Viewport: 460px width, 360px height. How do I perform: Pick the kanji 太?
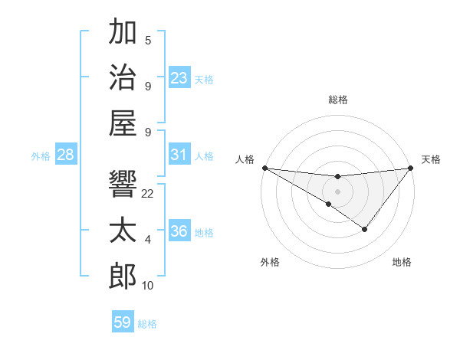(x=123, y=231)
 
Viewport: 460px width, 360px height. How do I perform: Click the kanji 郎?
(x=123, y=276)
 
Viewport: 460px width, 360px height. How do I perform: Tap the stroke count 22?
(x=148, y=194)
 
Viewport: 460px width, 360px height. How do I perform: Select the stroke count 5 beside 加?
(x=148, y=41)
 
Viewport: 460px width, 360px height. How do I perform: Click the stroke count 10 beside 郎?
(x=148, y=286)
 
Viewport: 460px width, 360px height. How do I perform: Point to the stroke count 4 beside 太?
(x=148, y=240)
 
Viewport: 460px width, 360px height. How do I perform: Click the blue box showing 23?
(x=179, y=77)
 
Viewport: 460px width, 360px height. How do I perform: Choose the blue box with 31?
(x=179, y=155)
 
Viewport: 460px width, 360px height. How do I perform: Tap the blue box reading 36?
(x=179, y=231)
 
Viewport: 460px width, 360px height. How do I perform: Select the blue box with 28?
(x=66, y=155)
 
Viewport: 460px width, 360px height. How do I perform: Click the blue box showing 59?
(x=123, y=322)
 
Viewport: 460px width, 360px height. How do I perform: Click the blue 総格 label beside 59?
(x=147, y=324)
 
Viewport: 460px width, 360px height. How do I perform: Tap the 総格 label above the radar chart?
(x=337, y=100)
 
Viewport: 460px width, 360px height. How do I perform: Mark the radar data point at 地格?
(x=365, y=229)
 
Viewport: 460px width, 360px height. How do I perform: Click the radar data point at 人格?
(x=264, y=167)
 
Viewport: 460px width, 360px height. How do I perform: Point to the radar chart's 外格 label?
(x=270, y=262)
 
